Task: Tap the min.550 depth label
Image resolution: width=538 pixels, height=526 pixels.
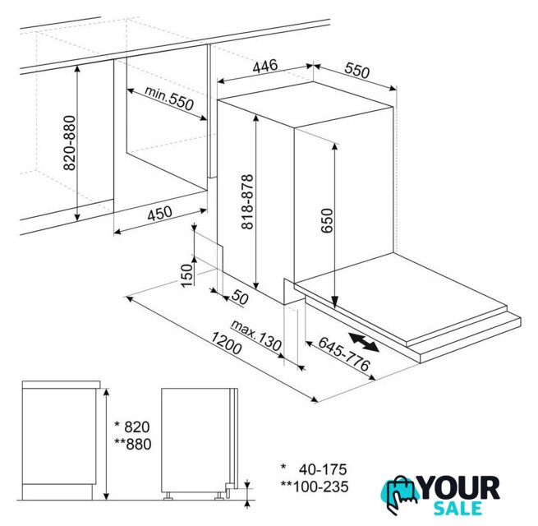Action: [x=169, y=98]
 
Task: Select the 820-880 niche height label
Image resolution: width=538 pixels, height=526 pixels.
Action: [x=70, y=143]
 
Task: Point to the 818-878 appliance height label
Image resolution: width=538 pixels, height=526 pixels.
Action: [x=247, y=201]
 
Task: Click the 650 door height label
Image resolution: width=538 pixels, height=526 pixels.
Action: [x=327, y=220]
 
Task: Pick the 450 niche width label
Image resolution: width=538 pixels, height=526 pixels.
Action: [x=159, y=213]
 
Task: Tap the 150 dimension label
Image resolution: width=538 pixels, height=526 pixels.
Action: [x=187, y=275]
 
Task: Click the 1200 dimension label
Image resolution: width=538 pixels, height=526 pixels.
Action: [x=226, y=343]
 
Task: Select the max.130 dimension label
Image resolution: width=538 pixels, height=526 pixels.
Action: [x=256, y=335]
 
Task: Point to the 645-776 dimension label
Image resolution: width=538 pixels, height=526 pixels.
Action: [x=344, y=353]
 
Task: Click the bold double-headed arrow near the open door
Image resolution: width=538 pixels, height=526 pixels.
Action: [x=364, y=342]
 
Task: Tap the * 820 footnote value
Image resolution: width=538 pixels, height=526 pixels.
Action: [x=132, y=427]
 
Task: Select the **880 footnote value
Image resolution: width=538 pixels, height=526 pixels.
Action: [x=133, y=444]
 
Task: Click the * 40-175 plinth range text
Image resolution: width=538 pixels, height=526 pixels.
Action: [x=314, y=469]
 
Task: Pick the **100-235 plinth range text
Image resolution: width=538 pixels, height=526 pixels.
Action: [x=315, y=487]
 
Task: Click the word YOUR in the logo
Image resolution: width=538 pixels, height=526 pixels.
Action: [x=459, y=488]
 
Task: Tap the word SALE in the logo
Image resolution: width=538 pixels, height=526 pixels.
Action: [x=458, y=509]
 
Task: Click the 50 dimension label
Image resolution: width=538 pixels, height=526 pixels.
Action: [x=240, y=297]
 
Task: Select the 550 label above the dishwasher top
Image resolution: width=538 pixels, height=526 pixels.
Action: [x=357, y=71]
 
